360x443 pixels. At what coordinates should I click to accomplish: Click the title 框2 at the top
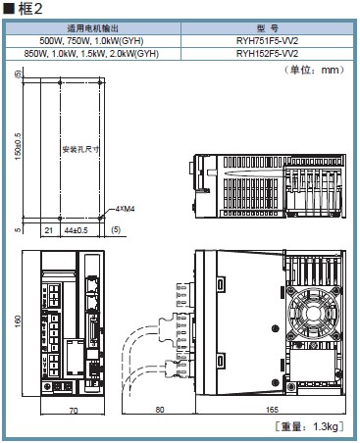click(x=30, y=9)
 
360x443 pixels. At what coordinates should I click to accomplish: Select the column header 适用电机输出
click(x=93, y=28)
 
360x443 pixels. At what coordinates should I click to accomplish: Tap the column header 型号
click(x=267, y=28)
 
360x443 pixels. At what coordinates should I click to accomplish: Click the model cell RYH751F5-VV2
click(x=267, y=41)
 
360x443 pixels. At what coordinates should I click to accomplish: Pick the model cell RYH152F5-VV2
click(x=267, y=53)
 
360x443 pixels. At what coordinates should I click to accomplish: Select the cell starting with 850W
click(x=91, y=53)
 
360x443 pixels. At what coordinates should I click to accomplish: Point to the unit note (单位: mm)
click(x=314, y=70)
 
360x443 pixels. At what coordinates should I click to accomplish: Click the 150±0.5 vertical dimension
click(x=18, y=146)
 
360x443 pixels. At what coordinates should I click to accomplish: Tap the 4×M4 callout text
click(x=125, y=209)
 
